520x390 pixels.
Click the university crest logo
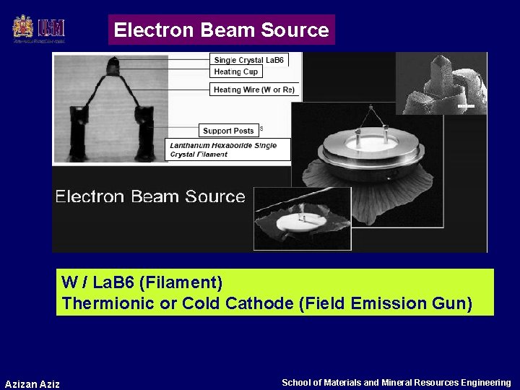click(23, 27)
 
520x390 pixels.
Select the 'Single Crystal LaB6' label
click(249, 60)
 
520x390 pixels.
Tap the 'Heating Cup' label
click(236, 71)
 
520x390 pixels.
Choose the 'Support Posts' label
click(228, 131)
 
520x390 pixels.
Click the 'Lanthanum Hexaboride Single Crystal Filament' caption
click(228, 149)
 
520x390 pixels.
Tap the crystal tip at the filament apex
click(113, 68)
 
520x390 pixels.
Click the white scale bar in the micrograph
click(466, 107)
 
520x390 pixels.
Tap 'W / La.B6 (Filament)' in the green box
click(142, 282)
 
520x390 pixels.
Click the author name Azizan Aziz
click(32, 383)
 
